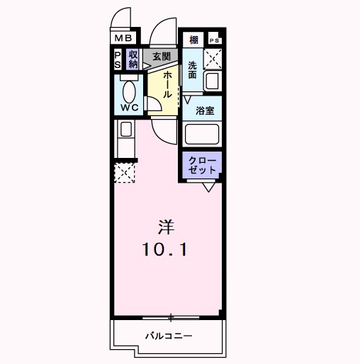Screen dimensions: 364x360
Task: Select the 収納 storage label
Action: click(x=133, y=59)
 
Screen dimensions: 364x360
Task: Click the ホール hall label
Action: click(x=167, y=85)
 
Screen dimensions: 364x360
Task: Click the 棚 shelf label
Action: click(x=193, y=40)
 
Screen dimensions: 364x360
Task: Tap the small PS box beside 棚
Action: click(x=213, y=40)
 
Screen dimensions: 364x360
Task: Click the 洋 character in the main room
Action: click(x=166, y=228)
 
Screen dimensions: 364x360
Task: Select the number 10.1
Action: click(x=165, y=250)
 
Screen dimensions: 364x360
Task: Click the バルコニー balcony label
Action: click(x=169, y=335)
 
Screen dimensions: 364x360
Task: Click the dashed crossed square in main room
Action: click(x=125, y=172)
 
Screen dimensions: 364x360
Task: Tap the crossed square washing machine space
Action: click(x=213, y=58)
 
